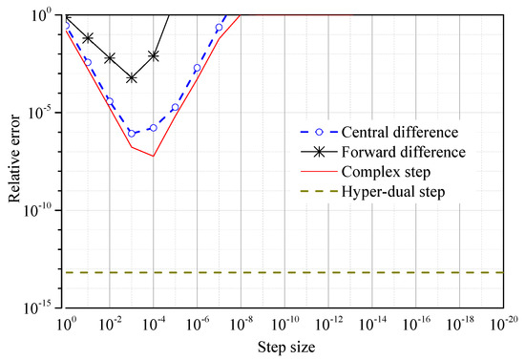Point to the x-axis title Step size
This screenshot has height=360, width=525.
[x=285, y=345]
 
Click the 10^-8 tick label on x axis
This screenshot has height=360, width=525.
[x=241, y=324]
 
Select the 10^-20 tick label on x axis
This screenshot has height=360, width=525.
[x=504, y=324]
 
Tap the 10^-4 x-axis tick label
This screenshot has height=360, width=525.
[x=154, y=324]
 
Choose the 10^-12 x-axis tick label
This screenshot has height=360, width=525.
[x=329, y=324]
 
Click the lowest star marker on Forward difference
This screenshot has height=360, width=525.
[x=132, y=78]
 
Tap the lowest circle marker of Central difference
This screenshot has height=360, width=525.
[x=132, y=133]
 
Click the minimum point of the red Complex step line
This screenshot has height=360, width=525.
[x=153, y=156]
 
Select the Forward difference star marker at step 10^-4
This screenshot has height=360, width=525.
[x=154, y=55]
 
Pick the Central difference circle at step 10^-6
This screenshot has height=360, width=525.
[x=198, y=68]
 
